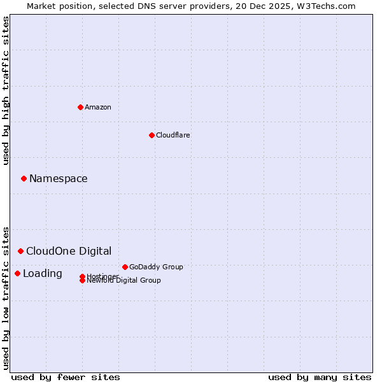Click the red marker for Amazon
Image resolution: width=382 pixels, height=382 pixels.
click(80, 107)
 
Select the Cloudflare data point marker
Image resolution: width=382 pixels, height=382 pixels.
click(152, 135)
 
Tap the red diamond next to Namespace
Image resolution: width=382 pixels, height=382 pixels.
click(24, 178)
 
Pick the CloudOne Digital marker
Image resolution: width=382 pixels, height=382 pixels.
click(20, 251)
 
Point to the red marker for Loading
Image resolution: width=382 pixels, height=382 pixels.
click(17, 273)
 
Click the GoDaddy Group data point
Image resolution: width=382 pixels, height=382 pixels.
click(125, 267)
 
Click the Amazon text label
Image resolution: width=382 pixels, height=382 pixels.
click(98, 107)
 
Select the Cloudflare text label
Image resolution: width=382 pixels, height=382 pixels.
click(173, 135)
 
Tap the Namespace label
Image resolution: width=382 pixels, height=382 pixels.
click(59, 178)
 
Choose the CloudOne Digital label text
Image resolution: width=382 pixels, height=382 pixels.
click(69, 251)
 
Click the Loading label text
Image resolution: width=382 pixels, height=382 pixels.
click(43, 273)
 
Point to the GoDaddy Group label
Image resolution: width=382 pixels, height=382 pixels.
click(156, 267)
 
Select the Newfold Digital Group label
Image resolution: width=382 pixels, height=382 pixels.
click(124, 281)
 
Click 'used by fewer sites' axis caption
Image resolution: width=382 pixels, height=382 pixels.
click(66, 377)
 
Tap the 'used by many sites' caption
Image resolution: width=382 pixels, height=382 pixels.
click(320, 377)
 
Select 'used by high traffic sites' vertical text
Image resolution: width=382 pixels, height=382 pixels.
click(6, 91)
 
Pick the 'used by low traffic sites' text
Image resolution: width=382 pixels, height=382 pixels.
click(6, 297)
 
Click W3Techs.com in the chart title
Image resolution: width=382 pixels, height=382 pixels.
click(325, 6)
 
